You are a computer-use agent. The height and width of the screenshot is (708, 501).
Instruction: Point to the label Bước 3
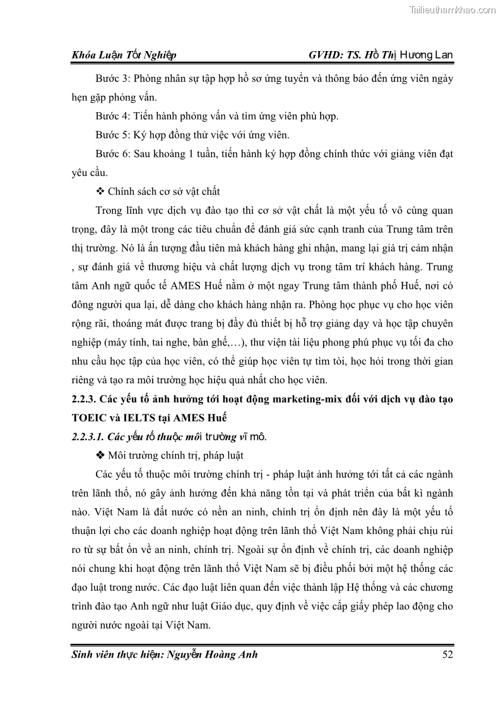pos(111,79)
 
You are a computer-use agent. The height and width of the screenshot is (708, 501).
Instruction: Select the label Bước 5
pos(111,135)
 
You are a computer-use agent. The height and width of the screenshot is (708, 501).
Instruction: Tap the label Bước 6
pos(111,153)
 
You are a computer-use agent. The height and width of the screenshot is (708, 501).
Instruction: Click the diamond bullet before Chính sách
pos(99,191)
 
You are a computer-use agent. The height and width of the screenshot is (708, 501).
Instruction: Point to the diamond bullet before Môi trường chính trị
pos(99,455)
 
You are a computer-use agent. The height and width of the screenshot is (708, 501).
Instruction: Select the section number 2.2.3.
pos(85,400)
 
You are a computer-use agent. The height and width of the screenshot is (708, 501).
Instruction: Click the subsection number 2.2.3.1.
pos(87,436)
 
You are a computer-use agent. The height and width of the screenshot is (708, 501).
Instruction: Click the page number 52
pos(448,654)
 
